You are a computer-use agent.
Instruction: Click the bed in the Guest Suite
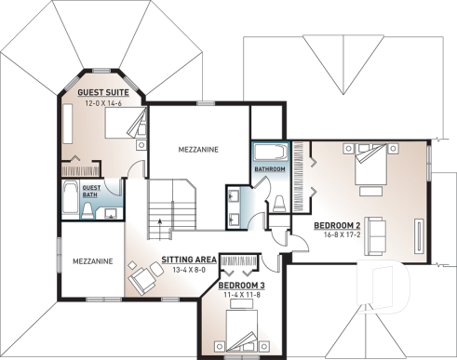pyautogui.click(x=124, y=127)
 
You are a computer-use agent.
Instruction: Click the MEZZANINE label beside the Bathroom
pyautogui.click(x=200, y=149)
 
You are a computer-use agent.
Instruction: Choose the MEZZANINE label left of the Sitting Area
pyautogui.click(x=92, y=262)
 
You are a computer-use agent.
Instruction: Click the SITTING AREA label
pyautogui.click(x=189, y=260)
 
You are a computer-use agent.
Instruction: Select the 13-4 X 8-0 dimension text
pyautogui.click(x=189, y=270)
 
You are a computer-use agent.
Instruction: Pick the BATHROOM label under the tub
pyautogui.click(x=270, y=169)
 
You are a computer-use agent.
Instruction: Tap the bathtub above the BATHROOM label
pyautogui.click(x=270, y=152)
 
